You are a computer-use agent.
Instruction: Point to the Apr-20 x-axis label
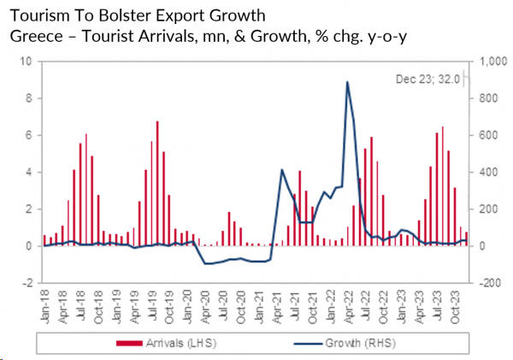pos(204,304)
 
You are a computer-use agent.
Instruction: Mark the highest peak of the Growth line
pos(347,82)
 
